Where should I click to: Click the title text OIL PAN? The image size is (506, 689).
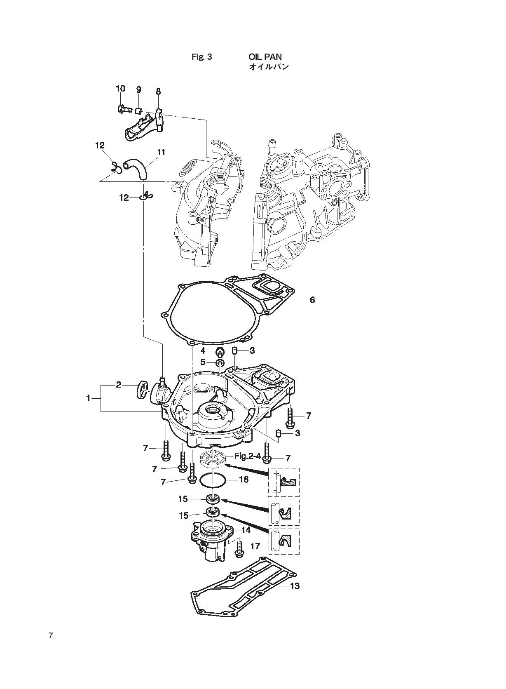pos(265,56)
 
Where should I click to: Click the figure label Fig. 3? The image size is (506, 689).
pos(202,57)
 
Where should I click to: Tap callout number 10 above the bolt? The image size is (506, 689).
pos(120,88)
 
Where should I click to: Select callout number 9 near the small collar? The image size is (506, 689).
pos(138,89)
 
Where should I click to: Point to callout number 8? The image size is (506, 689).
pos(158,92)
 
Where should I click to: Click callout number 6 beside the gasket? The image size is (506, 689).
pos(312,300)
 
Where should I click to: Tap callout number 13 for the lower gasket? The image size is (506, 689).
pos(295,586)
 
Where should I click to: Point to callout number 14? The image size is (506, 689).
pos(246,530)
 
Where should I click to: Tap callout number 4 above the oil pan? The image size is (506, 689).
pos(203,350)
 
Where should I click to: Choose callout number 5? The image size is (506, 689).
pos(203,362)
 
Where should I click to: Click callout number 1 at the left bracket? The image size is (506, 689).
pos(88,398)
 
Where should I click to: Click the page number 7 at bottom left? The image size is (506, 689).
pos(51,635)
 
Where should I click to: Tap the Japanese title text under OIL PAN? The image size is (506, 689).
pos(269,67)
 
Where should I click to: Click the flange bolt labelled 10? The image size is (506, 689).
pos(124,109)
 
